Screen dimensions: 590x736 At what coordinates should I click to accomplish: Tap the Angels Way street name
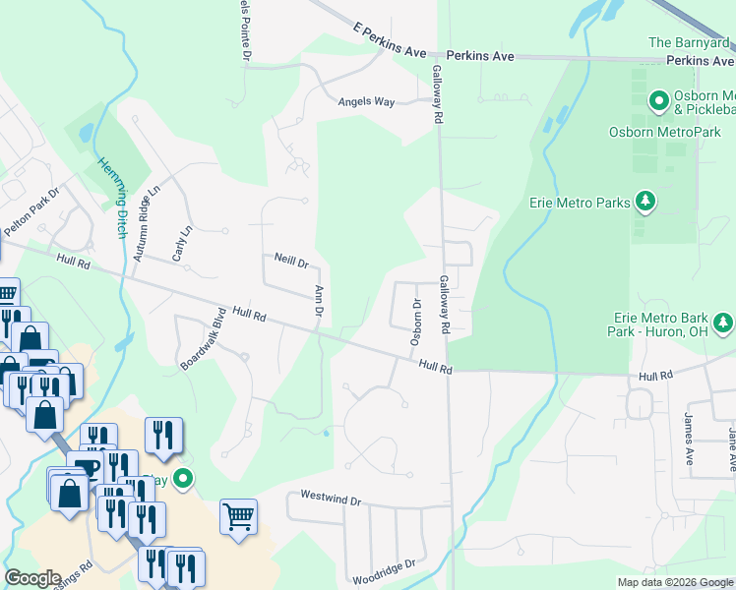click(366, 101)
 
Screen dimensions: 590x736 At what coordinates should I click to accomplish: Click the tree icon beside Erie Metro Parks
click(644, 203)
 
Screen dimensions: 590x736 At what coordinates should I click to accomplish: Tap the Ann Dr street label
click(319, 301)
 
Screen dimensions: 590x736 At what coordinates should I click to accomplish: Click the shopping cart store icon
click(238, 517)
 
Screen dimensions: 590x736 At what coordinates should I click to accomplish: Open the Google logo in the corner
click(32, 578)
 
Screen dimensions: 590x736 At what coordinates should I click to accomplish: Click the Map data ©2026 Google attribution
click(674, 582)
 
